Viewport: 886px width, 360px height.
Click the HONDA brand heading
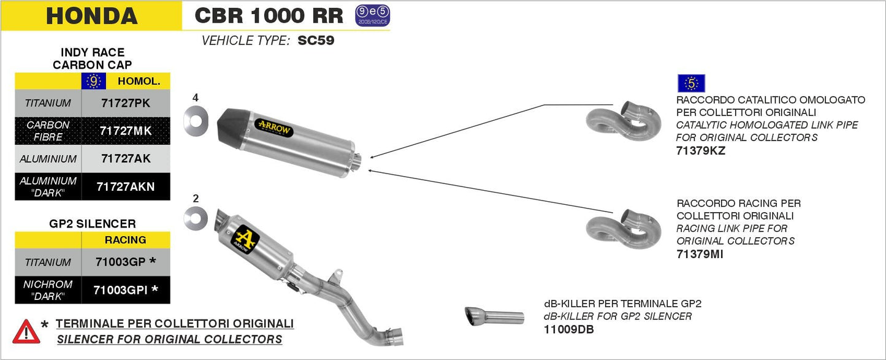[x=91, y=16]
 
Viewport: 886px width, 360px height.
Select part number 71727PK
[x=126, y=103]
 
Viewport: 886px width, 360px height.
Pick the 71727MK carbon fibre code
[x=126, y=131]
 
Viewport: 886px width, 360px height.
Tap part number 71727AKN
[x=126, y=187]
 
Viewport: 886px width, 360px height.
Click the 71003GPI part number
[x=126, y=290]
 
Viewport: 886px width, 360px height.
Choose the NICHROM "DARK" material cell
[x=48, y=290]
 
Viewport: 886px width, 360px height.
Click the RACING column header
[x=126, y=240]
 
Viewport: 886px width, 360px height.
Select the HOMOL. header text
[x=139, y=81]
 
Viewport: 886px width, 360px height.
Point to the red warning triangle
[x=26, y=331]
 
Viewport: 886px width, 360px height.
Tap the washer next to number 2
[x=195, y=218]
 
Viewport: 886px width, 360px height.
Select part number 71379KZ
[x=700, y=150]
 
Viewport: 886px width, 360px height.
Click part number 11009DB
[x=568, y=329]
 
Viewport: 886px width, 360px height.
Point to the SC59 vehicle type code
[x=316, y=41]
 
